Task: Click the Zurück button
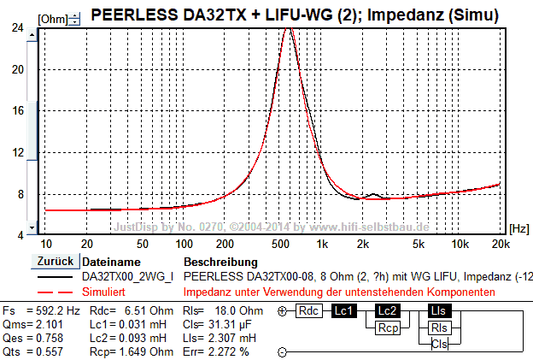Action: (x=55, y=261)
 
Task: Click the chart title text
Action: (x=295, y=15)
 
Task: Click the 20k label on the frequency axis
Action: (x=499, y=244)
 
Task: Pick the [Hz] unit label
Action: (x=519, y=228)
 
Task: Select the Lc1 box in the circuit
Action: (x=345, y=310)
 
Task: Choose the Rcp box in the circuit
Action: (x=388, y=328)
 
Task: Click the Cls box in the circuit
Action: (x=439, y=344)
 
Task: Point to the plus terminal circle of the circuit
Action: (x=282, y=311)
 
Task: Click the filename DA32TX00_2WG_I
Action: (x=127, y=277)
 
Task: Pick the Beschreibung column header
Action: (x=220, y=262)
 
